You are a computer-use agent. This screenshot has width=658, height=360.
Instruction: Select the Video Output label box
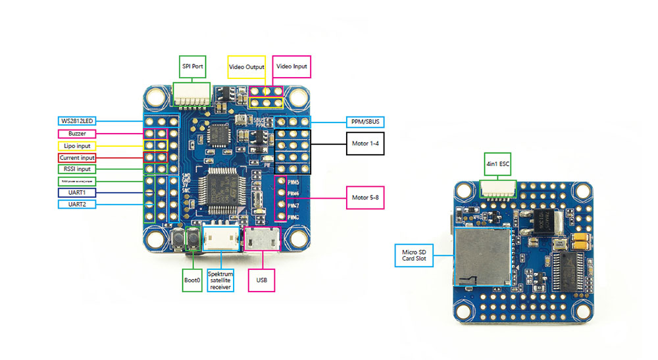click(247, 67)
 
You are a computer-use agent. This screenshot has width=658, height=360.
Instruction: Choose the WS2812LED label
click(78, 121)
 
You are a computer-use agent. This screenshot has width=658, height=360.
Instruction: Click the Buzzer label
click(78, 133)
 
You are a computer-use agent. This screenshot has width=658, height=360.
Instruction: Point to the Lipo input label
click(78, 145)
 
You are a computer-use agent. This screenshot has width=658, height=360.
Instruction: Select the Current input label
click(78, 158)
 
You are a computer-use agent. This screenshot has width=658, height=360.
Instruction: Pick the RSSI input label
click(78, 170)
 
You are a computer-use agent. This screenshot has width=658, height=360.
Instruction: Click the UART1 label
click(78, 192)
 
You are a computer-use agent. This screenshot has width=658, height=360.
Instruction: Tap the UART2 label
click(78, 205)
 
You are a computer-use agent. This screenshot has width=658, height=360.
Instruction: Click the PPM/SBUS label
click(365, 122)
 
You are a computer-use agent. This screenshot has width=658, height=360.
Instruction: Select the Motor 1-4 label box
click(365, 143)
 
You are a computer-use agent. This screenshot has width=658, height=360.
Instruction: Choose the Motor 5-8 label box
click(365, 197)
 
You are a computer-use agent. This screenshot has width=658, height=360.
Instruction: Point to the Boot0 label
click(192, 279)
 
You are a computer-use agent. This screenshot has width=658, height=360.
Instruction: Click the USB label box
click(262, 279)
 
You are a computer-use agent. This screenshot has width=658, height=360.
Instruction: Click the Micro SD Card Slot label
click(415, 253)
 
